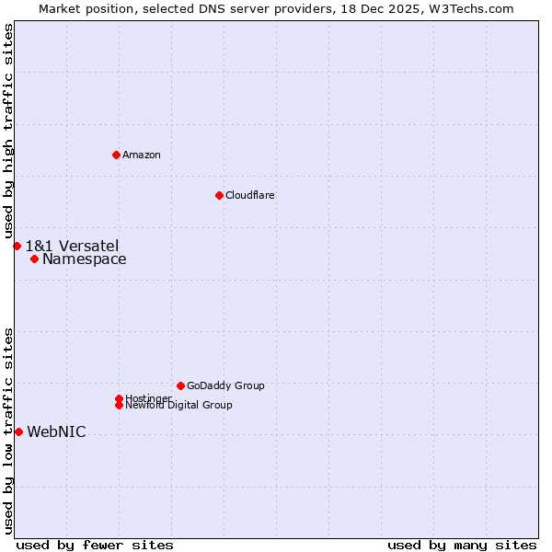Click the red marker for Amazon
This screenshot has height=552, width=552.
point(116,155)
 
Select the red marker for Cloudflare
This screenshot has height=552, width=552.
point(219,195)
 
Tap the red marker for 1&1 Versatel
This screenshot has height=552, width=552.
point(17,246)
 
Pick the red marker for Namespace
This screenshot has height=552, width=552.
point(34,259)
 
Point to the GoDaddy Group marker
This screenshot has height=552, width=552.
point(180,385)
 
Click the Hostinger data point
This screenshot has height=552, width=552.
point(119,398)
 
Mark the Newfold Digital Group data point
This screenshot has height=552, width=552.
point(119,405)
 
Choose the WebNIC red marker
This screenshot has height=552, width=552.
point(18,431)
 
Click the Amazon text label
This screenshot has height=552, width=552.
point(142,155)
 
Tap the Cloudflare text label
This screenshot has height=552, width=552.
point(250,195)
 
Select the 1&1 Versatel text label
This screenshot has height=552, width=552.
point(72,246)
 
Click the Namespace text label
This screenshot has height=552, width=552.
point(85,259)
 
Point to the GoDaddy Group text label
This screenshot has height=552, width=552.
point(225,385)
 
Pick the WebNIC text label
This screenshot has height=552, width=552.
point(57,432)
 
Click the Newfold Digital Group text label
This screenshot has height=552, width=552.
point(179,406)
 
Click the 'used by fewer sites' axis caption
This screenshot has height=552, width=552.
point(95,545)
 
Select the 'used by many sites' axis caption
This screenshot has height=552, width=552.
point(462,545)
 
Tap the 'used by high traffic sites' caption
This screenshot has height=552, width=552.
point(8,131)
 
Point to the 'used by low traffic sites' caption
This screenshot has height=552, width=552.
point(8,431)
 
